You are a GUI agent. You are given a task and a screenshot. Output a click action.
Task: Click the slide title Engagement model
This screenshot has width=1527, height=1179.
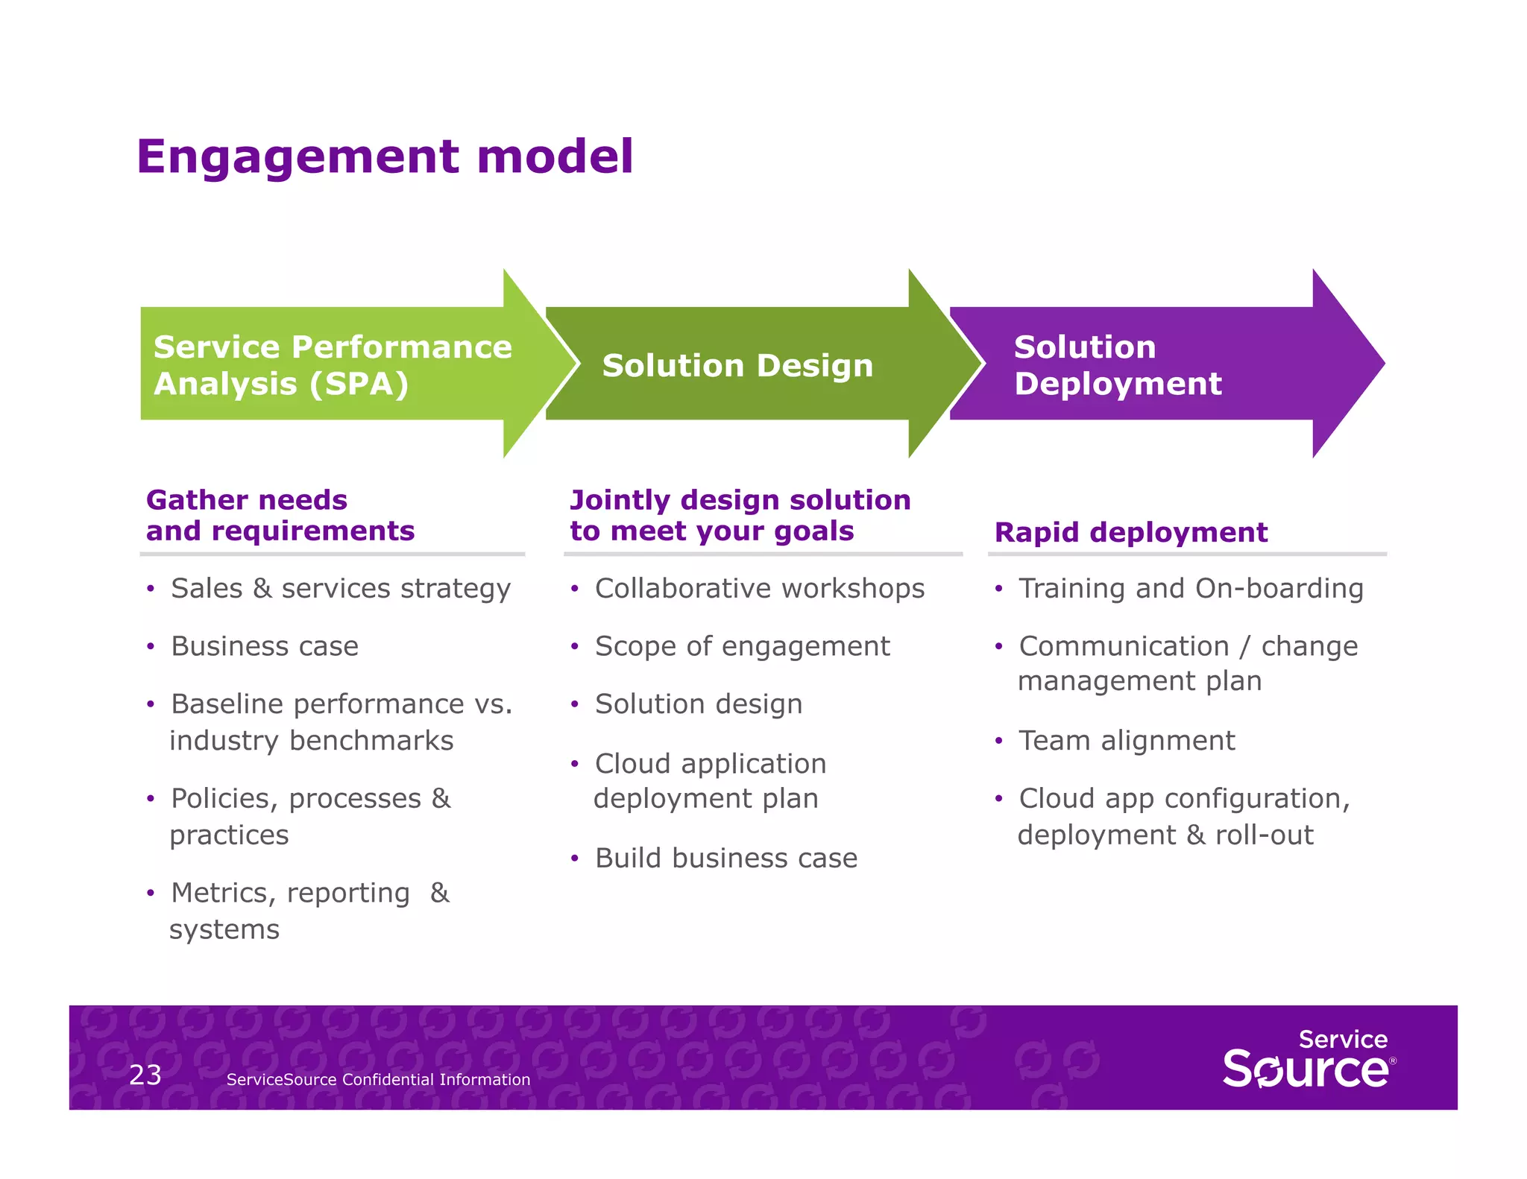[x=385, y=157]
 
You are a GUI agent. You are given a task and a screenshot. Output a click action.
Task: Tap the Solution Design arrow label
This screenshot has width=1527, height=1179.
[x=737, y=365]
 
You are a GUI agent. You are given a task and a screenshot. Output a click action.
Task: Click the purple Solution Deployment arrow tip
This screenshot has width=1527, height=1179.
[x=1350, y=363]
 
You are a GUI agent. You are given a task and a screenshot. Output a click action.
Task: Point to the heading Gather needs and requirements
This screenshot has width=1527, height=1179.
[x=280, y=515]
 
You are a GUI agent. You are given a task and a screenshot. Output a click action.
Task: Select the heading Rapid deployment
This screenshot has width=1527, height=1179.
[x=1130, y=532]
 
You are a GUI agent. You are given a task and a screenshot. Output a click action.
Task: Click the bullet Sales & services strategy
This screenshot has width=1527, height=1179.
[x=340, y=588]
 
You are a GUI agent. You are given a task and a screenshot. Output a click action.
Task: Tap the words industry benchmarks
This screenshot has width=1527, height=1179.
[x=311, y=740]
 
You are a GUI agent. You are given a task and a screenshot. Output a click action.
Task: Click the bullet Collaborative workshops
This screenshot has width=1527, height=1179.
[x=759, y=588]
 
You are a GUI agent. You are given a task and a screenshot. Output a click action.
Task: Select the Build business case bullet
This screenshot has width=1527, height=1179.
[x=725, y=858]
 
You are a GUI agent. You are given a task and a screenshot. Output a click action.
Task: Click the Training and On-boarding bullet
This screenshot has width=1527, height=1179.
[x=1191, y=588]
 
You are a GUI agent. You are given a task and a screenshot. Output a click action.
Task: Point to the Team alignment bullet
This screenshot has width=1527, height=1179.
[x=1127, y=740]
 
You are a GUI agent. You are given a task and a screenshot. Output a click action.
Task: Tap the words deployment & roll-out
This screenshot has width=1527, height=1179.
[x=1165, y=835]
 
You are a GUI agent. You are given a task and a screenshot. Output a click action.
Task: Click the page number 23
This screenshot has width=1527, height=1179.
[x=145, y=1075]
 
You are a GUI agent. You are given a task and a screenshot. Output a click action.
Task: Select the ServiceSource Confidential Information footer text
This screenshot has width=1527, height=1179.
[x=378, y=1079]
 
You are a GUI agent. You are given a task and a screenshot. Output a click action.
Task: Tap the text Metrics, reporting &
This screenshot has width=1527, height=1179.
[x=309, y=892]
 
